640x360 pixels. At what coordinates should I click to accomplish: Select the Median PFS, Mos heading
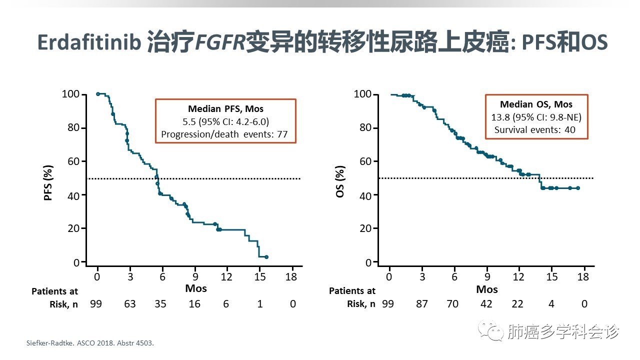pyautogui.click(x=225, y=108)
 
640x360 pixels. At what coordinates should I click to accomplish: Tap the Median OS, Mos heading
pyautogui.click(x=536, y=104)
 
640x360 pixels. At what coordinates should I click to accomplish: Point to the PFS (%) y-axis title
pyautogui.click(x=48, y=182)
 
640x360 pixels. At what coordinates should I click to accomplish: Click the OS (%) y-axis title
pyautogui.click(x=340, y=183)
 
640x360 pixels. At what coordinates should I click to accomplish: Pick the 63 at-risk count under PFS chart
pyautogui.click(x=130, y=303)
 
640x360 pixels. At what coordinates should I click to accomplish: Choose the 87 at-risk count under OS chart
pyautogui.click(x=422, y=303)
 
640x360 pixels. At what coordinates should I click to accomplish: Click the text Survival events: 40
pyautogui.click(x=535, y=130)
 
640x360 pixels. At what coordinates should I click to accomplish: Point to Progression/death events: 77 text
pyautogui.click(x=225, y=133)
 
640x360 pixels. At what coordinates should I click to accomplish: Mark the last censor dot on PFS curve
pyautogui.click(x=266, y=257)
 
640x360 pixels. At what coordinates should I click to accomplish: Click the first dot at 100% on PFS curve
pyautogui.click(x=97, y=94)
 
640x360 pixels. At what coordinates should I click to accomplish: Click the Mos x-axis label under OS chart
pyautogui.click(x=486, y=289)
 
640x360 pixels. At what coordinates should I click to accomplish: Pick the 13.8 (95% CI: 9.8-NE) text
pyautogui.click(x=536, y=117)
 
